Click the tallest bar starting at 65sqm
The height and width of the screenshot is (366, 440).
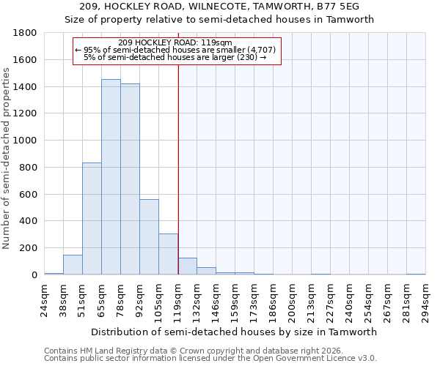tap(111, 176)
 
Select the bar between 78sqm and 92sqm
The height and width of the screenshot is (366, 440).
tap(130, 179)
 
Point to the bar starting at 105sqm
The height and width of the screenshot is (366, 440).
tap(168, 254)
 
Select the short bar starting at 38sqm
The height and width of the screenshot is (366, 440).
tap(73, 265)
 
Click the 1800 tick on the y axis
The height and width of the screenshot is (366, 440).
tap(26, 33)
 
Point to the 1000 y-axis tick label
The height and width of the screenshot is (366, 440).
tap(26, 141)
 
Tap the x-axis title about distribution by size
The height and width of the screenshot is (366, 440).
tap(235, 332)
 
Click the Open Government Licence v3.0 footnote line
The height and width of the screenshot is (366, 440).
tap(210, 358)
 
